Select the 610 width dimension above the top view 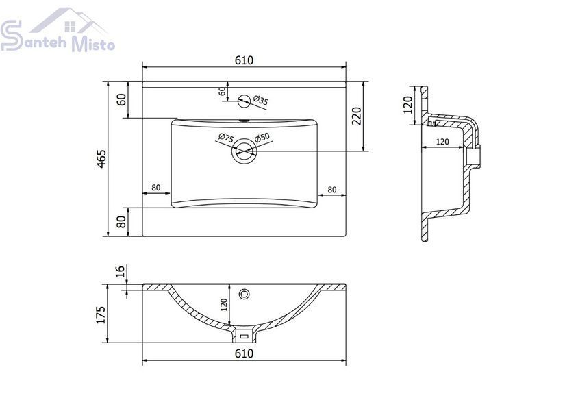pos(244,60)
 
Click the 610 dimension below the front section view pos(244,353)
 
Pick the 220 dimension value pos(357,116)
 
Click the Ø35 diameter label pos(260,100)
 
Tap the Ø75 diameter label pos(226,138)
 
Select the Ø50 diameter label pos(262,138)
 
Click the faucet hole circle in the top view pos(244,101)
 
